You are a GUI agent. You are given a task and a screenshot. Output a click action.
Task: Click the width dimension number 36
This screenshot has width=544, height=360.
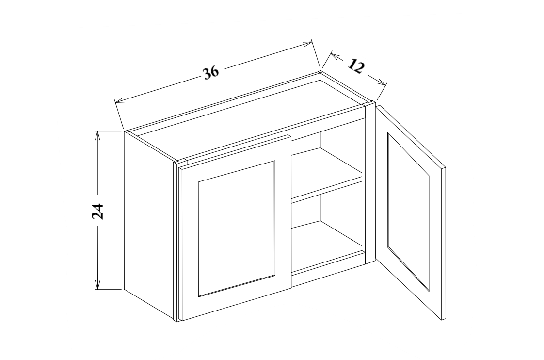(211, 72)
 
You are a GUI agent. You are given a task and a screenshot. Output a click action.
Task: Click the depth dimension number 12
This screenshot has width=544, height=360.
(356, 66)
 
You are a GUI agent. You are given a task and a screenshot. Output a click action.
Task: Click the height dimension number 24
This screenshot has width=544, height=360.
(98, 211)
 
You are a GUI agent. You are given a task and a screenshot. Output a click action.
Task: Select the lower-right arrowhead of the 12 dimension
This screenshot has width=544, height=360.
(384, 84)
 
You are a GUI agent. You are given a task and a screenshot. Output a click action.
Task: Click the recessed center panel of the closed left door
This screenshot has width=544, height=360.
(236, 228)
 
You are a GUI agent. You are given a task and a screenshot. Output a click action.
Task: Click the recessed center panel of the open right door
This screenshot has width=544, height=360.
(408, 211)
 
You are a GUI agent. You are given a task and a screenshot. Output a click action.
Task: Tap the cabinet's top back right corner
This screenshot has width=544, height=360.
(320, 72)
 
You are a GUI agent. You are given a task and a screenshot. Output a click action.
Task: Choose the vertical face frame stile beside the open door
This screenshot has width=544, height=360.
(370, 184)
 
